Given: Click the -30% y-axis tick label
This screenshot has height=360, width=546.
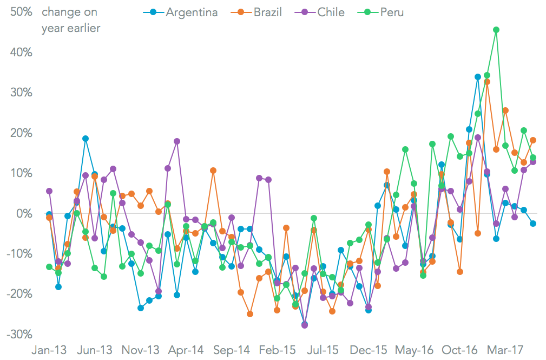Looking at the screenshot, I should click(x=20, y=334).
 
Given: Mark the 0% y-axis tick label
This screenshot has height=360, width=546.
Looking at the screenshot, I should click(x=25, y=213).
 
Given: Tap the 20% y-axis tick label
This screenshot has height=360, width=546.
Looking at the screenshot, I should click(x=22, y=133).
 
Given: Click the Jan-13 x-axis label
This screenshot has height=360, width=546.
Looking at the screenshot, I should click(x=49, y=350).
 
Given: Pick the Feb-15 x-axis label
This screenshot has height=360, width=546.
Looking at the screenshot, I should click(x=278, y=350).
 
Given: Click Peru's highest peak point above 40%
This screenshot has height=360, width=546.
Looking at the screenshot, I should click(x=496, y=30).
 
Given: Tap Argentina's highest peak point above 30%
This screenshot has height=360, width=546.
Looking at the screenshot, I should click(x=478, y=77).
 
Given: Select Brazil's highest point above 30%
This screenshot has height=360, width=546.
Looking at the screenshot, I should click(x=487, y=82).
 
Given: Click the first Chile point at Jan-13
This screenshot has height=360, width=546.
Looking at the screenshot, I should click(x=49, y=191).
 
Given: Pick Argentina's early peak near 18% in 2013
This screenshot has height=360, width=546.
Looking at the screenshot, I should click(x=85, y=139).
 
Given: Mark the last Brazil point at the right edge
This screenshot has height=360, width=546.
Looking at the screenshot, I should click(x=533, y=140).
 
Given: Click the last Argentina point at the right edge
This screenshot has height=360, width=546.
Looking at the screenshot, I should click(x=533, y=224).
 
